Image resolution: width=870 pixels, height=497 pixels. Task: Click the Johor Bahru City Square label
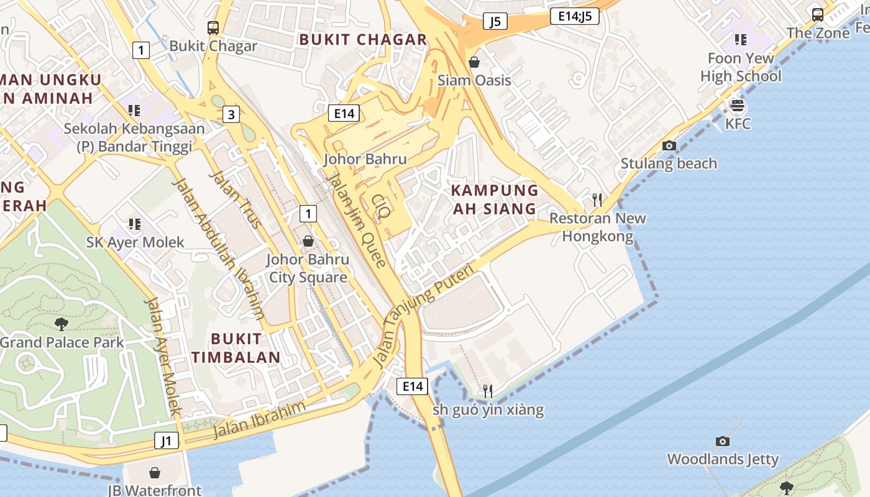308,268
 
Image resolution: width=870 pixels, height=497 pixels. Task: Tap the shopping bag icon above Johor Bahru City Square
308,241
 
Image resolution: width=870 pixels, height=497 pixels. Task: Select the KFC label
738,124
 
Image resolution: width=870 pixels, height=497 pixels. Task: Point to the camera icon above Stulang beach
669,145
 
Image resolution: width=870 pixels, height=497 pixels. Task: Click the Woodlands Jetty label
722,459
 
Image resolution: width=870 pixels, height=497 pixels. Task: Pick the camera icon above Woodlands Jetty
722,441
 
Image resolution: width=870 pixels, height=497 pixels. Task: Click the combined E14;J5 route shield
574,17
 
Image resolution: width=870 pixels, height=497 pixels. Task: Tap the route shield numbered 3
231,114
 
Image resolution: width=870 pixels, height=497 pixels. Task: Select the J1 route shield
166,441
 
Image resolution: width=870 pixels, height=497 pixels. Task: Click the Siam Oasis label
474,80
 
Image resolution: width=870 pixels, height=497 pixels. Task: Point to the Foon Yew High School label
741,67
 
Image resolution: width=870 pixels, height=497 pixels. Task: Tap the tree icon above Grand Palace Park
61,323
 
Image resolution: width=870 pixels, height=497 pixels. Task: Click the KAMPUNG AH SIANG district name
494,199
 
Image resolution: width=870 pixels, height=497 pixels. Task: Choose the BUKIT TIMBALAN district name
236,348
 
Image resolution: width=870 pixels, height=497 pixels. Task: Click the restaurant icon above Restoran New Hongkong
597,199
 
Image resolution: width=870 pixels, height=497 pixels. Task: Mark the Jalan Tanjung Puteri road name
424,316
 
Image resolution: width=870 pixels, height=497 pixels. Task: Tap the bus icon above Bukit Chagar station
213,27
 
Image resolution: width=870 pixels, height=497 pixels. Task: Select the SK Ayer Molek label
135,242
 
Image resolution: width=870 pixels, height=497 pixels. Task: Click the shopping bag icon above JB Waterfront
155,473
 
